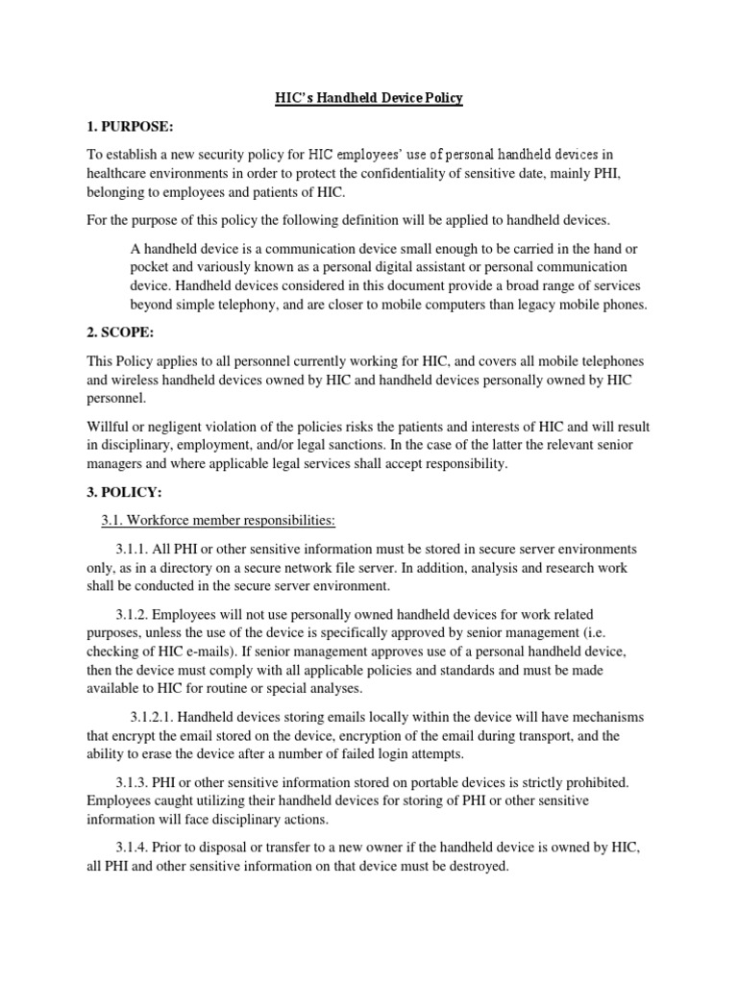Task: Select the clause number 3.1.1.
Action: tap(141, 549)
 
